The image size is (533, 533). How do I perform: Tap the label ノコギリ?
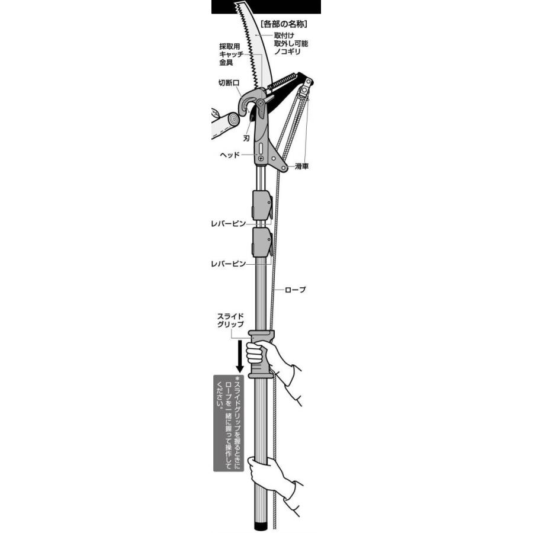click(x=287, y=53)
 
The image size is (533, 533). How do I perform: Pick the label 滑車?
click(x=301, y=167)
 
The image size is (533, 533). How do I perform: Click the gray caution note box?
click(x=229, y=422)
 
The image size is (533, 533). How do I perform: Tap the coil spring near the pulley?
click(x=284, y=82)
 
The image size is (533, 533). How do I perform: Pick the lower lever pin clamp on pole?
click(x=262, y=242)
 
